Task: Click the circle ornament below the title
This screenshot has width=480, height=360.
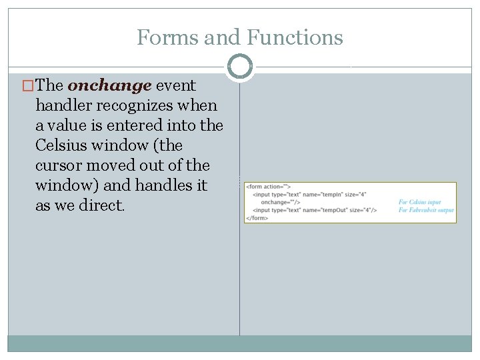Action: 240,67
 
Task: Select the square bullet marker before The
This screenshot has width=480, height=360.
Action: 27,86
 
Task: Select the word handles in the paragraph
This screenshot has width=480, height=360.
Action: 167,185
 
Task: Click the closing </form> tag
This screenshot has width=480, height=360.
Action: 257,217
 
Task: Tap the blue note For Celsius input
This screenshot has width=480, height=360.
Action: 420,202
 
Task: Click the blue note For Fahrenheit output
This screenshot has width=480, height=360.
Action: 426,210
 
